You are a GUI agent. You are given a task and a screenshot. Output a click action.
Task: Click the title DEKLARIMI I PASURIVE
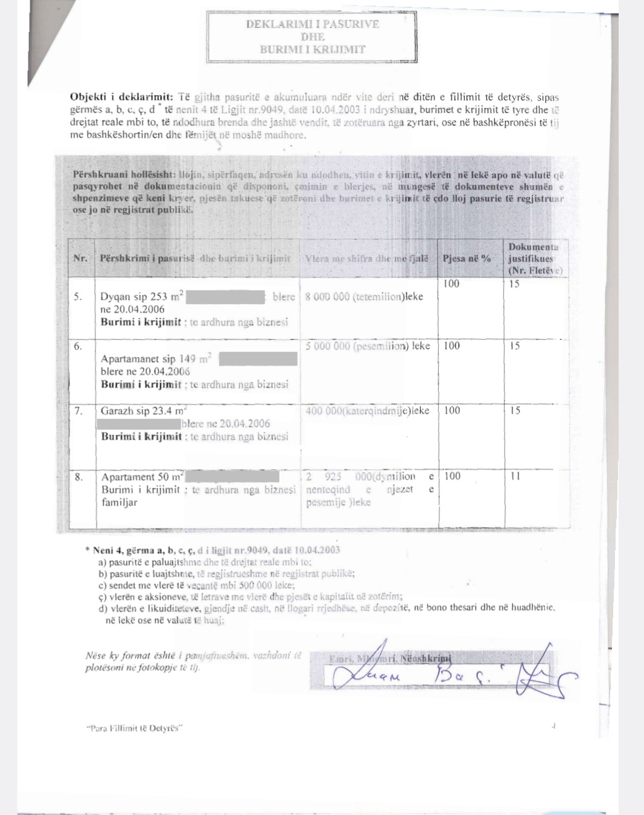(x=312, y=24)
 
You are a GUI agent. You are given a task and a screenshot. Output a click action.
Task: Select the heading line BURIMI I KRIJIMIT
(x=312, y=49)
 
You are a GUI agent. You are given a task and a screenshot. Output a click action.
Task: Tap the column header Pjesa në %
(x=467, y=258)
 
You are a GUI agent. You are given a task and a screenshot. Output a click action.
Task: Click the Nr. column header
(x=80, y=258)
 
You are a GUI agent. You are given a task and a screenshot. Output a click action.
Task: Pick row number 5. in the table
(x=78, y=296)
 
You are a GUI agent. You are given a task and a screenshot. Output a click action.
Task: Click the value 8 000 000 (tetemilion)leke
(x=364, y=296)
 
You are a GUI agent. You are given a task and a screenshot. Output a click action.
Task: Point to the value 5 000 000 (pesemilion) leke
(x=368, y=346)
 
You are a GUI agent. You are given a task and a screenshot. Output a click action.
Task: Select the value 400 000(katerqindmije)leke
(x=368, y=411)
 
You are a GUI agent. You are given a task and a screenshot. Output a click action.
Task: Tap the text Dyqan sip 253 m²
(x=142, y=296)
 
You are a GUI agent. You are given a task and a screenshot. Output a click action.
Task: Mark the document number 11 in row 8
(x=515, y=476)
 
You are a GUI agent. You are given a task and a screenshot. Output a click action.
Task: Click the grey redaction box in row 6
(x=258, y=359)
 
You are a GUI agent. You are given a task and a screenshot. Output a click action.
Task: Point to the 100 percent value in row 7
(x=452, y=411)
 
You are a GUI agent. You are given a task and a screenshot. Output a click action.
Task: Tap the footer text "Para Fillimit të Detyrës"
(x=133, y=728)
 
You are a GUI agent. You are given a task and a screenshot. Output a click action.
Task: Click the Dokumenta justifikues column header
(x=535, y=258)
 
